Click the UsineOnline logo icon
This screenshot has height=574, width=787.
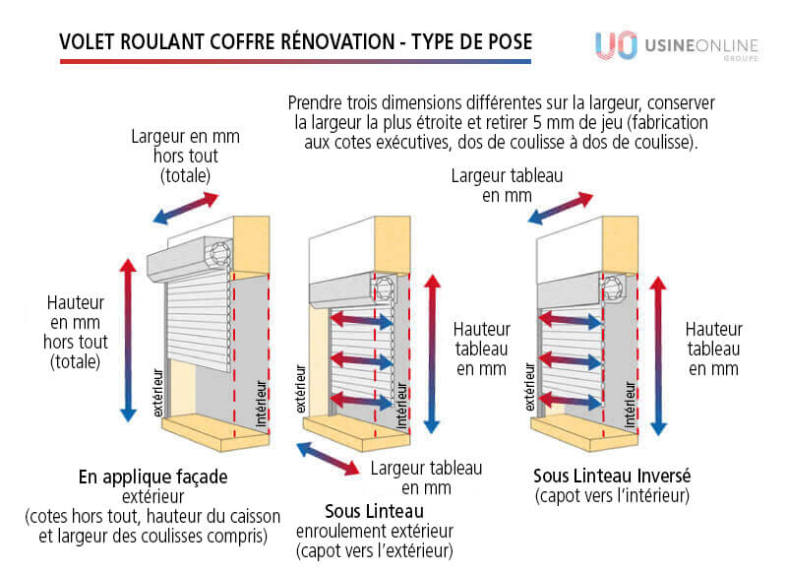615,46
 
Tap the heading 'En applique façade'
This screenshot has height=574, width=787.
153,477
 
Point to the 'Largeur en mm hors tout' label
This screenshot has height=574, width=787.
185,155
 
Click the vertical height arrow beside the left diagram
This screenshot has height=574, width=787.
127,340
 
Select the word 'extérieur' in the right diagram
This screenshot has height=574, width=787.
530,389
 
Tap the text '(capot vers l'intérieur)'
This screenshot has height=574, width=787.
612,495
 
